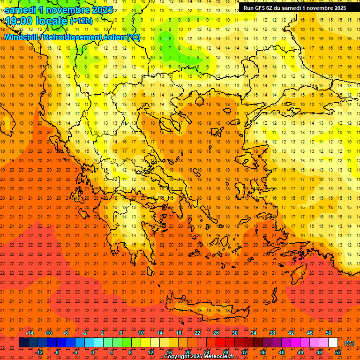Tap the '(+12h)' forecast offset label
(x=81, y=21)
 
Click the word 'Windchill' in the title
(x=22, y=37)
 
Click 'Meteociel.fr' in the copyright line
(x=218, y=357)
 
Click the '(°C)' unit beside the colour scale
(x=349, y=343)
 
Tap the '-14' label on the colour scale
(x=29, y=333)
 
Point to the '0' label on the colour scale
(x=93, y=352)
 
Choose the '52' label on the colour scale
(x=337, y=352)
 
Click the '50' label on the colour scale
(x=328, y=333)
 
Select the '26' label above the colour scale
(x=216, y=333)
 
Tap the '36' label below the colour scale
(x=262, y=352)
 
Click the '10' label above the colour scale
(x=141, y=333)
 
